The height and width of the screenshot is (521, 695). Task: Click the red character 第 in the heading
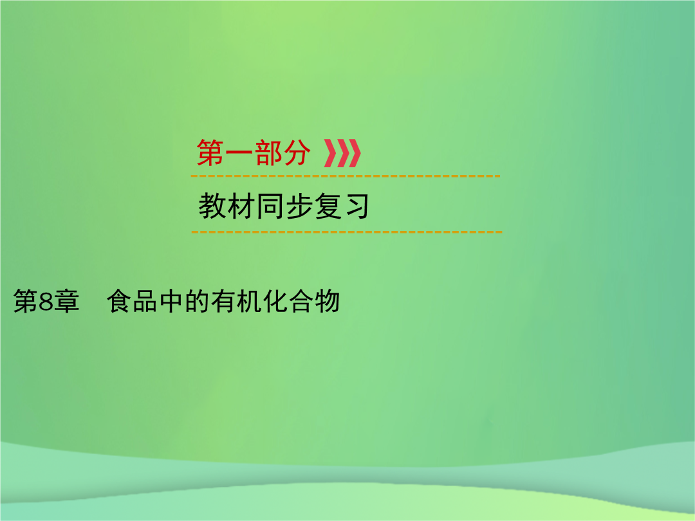tap(210, 153)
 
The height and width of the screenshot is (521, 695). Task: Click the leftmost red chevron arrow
tap(331, 153)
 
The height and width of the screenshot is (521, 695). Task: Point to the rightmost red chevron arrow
tap(354, 153)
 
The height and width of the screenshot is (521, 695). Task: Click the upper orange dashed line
tap(346, 176)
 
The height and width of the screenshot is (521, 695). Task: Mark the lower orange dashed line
tap(347, 232)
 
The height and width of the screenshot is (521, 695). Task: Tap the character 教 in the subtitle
tap(212, 206)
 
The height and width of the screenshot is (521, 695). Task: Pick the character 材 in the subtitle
tap(241, 206)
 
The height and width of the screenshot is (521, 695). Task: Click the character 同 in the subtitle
tap(270, 206)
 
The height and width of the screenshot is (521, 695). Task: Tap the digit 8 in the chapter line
tap(46, 302)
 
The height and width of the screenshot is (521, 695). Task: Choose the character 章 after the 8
tap(66, 302)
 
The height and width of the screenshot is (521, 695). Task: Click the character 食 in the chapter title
tap(119, 302)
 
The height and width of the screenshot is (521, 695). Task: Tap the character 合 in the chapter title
tap(301, 302)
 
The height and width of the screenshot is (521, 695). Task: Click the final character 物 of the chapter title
tap(327, 302)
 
